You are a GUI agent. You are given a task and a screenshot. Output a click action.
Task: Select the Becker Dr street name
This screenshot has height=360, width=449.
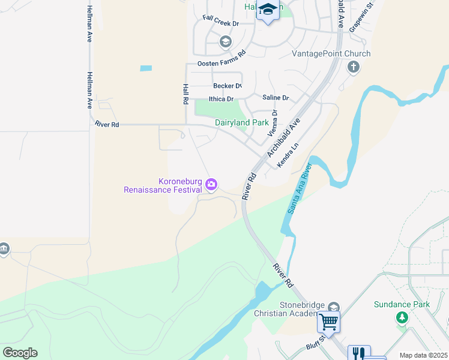point(227,86)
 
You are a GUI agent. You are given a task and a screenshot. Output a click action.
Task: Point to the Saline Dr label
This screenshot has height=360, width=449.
point(276,97)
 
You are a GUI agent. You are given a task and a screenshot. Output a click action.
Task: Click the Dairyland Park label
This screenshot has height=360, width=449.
point(242,122)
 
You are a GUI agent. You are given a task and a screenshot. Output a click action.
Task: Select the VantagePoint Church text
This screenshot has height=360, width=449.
point(331,54)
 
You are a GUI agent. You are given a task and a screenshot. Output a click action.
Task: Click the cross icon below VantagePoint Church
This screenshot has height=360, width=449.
point(354,67)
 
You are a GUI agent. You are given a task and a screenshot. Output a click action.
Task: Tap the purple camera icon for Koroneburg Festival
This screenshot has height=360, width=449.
point(211,185)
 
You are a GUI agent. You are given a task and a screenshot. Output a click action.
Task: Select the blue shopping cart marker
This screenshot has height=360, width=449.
point(328,322)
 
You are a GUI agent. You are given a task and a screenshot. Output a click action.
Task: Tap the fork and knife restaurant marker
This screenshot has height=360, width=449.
point(358,353)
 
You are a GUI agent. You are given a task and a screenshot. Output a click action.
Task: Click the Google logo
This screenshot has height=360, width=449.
point(20,352)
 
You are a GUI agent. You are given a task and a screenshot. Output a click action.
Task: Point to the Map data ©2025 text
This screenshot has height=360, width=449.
point(424,355)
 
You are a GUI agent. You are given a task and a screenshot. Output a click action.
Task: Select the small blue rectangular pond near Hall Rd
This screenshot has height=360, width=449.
point(146,68)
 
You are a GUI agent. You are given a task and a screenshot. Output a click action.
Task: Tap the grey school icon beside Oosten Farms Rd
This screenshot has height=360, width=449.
point(225,41)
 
